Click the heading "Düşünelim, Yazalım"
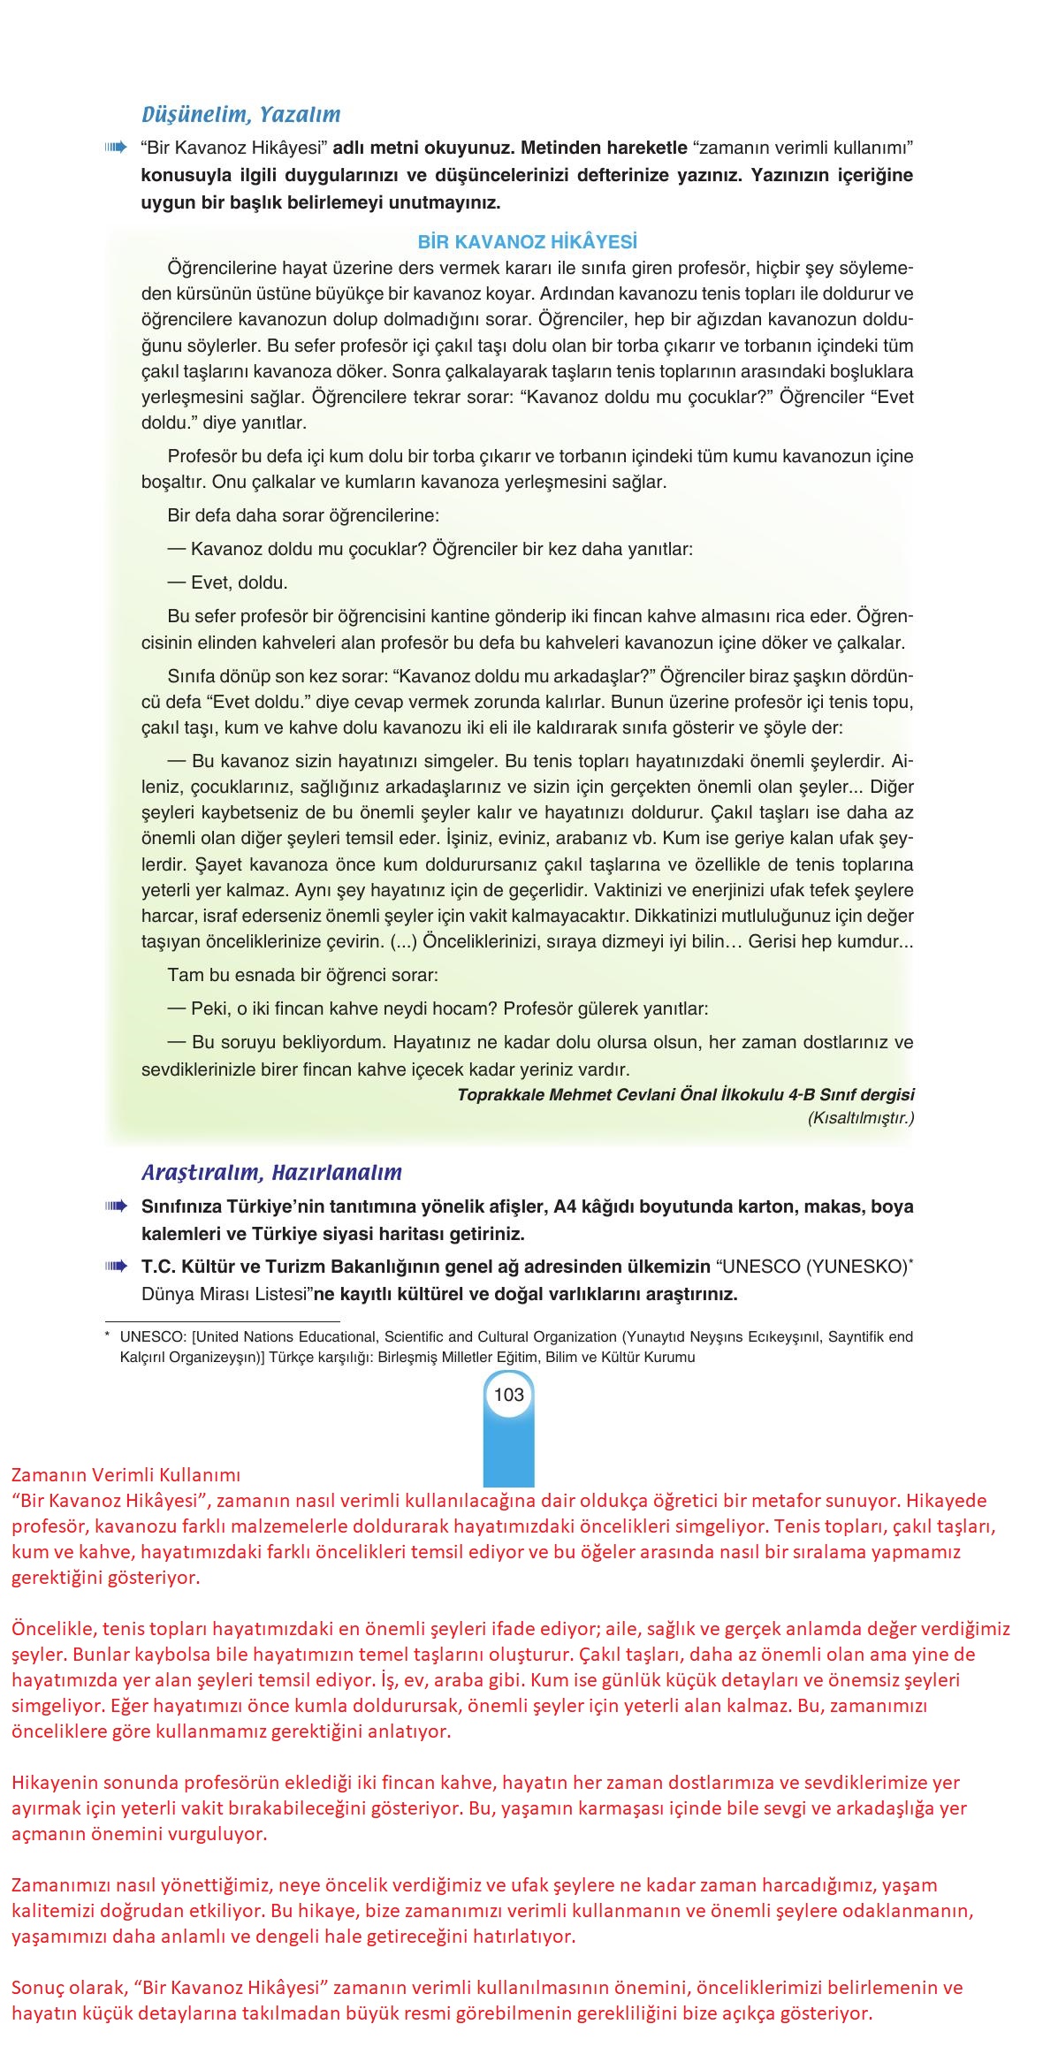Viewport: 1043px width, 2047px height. pyautogui.click(x=240, y=115)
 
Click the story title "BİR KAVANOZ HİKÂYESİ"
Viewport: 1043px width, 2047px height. pyautogui.click(x=527, y=242)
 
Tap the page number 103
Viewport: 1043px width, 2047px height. pyautogui.click(x=509, y=1395)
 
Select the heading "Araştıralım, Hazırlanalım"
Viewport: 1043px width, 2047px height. pyautogui.click(x=271, y=1173)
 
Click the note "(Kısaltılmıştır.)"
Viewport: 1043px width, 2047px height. pyautogui.click(x=860, y=1118)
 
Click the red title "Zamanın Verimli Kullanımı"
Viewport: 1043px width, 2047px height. pyautogui.click(x=126, y=1474)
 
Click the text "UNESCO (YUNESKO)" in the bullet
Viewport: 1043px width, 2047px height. pyautogui.click(x=814, y=1267)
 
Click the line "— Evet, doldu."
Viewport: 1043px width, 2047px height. pyautogui.click(x=227, y=583)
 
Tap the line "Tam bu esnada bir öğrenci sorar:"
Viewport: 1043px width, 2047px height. pyautogui.click(x=302, y=976)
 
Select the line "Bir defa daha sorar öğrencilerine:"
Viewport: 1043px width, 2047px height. pyautogui.click(x=302, y=515)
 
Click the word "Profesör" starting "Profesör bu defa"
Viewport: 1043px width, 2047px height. pyautogui.click(x=198, y=457)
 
